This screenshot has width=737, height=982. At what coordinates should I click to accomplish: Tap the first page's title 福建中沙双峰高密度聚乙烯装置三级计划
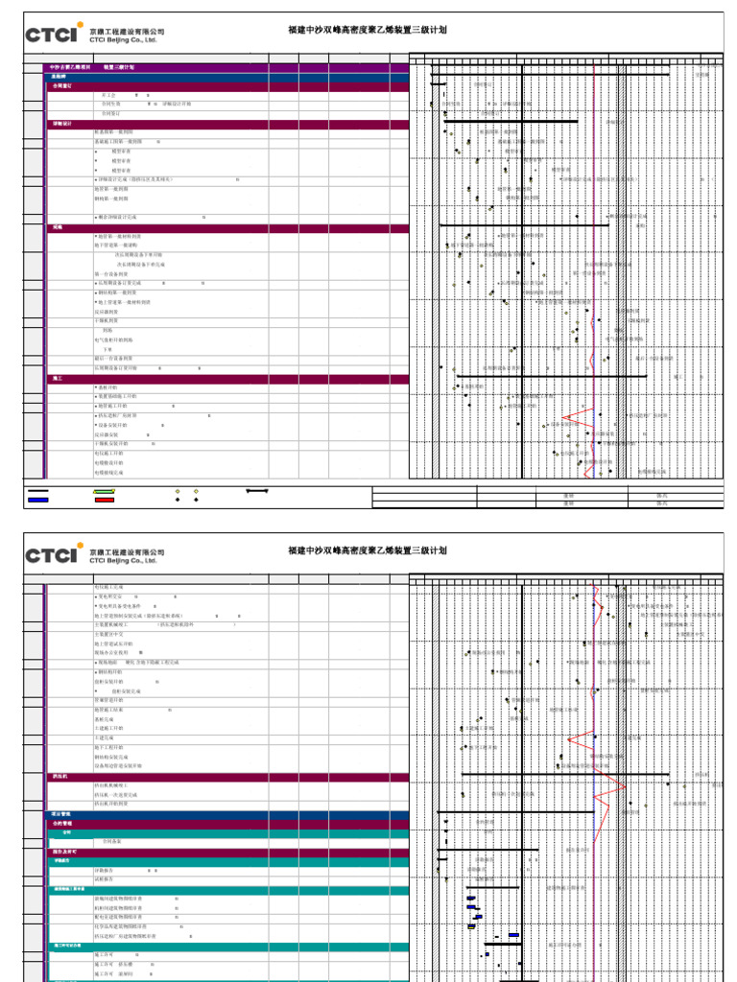368,30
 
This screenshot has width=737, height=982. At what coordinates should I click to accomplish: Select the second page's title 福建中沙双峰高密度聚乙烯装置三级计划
368,550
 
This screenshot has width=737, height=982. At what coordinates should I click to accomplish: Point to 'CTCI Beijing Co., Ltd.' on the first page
123,40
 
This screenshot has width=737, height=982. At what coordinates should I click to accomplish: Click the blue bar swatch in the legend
38,500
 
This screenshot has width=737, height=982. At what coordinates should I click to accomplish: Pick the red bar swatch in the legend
105,500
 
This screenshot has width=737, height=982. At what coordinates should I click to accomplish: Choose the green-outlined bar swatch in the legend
105,491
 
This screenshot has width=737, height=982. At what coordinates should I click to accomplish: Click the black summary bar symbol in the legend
256,491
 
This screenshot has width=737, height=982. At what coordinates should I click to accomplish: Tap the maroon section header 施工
58,379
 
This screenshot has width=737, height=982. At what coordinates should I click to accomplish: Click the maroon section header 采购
58,228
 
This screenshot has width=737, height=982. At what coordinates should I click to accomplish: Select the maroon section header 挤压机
60,776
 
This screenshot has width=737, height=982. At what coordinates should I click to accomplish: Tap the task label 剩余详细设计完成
124,218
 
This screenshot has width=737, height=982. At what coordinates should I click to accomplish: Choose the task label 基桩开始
107,386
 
